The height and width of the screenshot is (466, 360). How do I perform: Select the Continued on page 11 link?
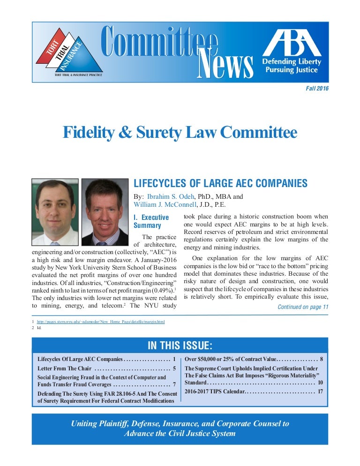tap(303, 307)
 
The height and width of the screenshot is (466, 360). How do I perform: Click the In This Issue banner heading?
tap(180, 346)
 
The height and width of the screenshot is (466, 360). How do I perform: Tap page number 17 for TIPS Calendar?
tap(320, 391)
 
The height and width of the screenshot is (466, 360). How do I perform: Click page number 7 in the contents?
tap(174, 385)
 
